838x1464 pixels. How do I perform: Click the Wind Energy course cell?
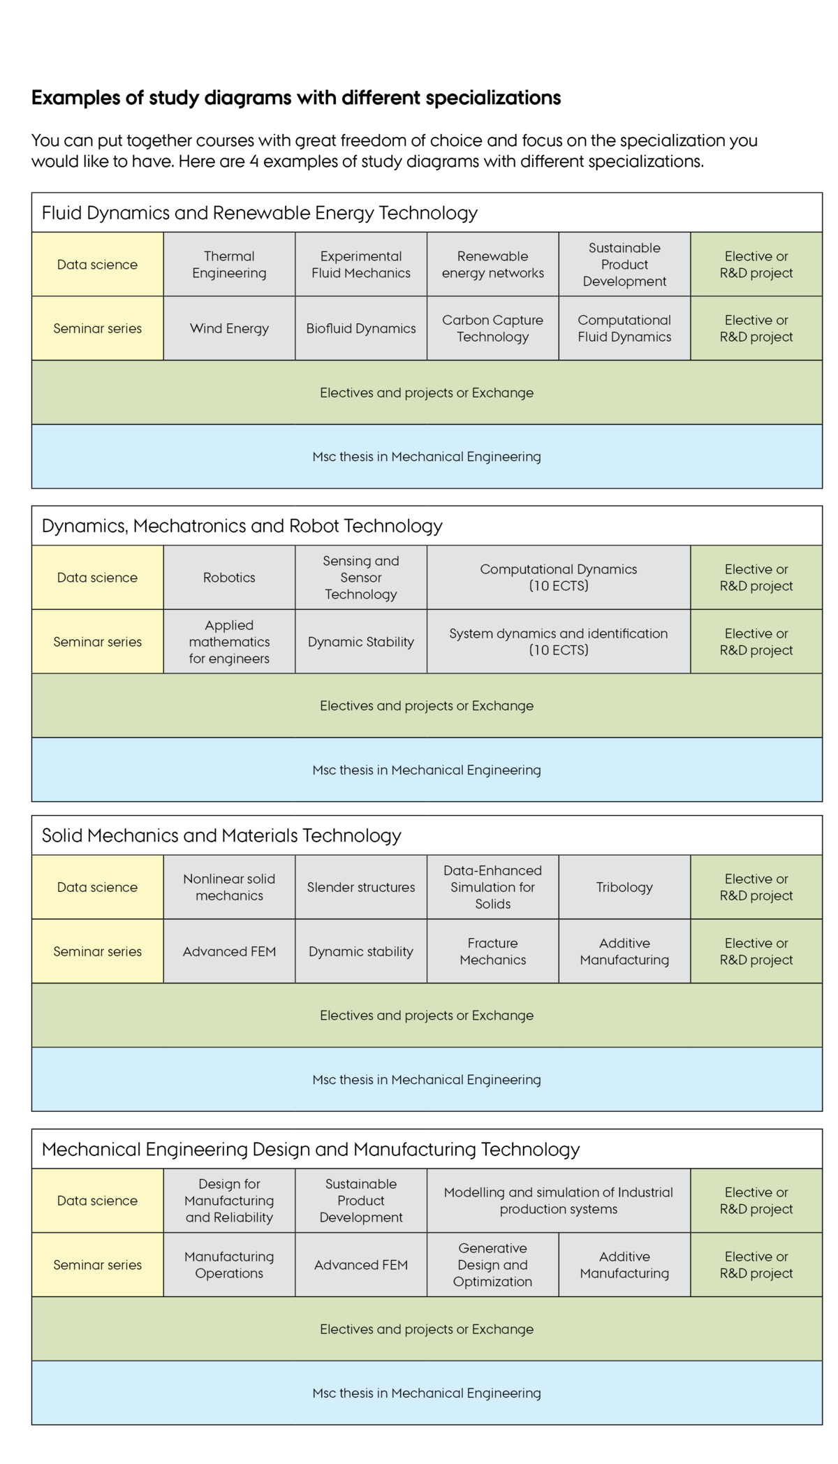coord(229,328)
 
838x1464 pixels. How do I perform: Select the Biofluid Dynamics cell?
coord(361,328)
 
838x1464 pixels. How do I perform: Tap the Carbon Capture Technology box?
coord(493,328)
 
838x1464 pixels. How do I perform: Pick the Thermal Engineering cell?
coord(229,264)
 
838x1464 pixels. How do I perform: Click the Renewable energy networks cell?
coord(493,264)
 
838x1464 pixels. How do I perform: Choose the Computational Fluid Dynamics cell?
coord(624,328)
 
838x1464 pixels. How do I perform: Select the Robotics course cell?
coord(229,578)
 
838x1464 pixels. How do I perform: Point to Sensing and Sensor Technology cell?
coord(361,578)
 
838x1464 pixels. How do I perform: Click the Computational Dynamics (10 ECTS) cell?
coord(559,578)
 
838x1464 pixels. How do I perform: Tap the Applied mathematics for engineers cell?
coord(229,642)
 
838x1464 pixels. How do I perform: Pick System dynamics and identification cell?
coord(559,642)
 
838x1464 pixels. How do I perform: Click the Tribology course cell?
coord(624,887)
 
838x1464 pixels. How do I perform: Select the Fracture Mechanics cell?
coord(493,951)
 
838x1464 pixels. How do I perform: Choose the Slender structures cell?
coord(361,887)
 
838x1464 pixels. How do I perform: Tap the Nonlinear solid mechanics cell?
coord(229,887)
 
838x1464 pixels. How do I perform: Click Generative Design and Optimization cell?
coord(493,1265)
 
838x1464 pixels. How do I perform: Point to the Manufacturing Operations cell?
coord(229,1265)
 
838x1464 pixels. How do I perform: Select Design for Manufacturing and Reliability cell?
coord(229,1201)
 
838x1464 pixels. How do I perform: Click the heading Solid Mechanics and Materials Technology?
coord(221,835)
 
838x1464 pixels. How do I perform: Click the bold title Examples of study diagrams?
coord(296,98)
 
